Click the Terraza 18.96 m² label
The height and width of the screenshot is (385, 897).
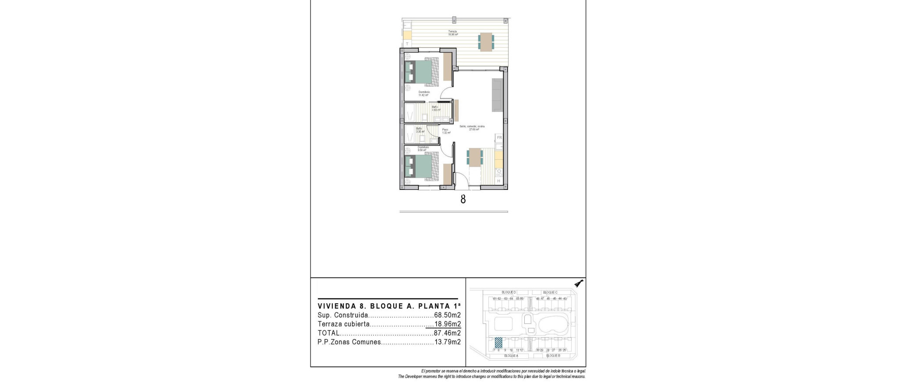point(452,32)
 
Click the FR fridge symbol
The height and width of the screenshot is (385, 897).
point(499,138)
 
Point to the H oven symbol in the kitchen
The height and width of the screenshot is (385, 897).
point(498,181)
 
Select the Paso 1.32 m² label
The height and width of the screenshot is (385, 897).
point(445,131)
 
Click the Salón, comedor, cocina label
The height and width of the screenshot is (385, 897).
point(472,127)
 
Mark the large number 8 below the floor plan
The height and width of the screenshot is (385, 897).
point(463,199)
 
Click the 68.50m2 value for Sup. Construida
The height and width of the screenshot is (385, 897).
point(447,315)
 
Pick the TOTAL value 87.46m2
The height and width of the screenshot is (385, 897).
point(447,333)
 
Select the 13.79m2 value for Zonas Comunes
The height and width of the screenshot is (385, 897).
point(447,342)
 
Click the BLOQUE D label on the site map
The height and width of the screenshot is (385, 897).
point(509,292)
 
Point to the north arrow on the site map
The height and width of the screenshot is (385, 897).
point(579,284)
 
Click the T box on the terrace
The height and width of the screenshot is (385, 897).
point(100,44)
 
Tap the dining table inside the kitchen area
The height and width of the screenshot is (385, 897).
point(474,157)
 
